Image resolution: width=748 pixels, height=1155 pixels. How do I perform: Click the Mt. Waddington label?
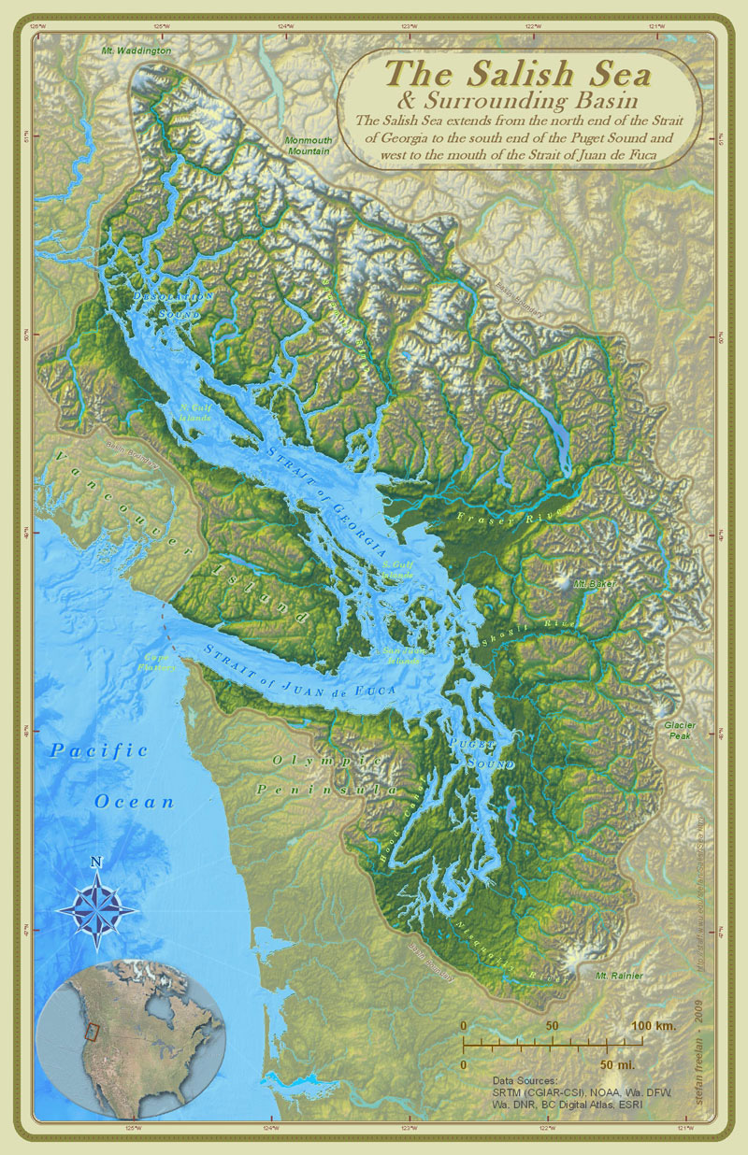click(x=137, y=50)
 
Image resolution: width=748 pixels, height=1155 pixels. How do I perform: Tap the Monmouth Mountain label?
click(x=309, y=145)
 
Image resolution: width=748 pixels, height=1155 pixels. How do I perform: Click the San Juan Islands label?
click(x=392, y=655)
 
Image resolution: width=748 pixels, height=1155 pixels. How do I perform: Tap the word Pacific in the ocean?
click(x=99, y=750)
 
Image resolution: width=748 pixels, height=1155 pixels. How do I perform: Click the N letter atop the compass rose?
click(x=96, y=861)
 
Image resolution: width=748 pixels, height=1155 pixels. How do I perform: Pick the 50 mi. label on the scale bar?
click(x=619, y=1064)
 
